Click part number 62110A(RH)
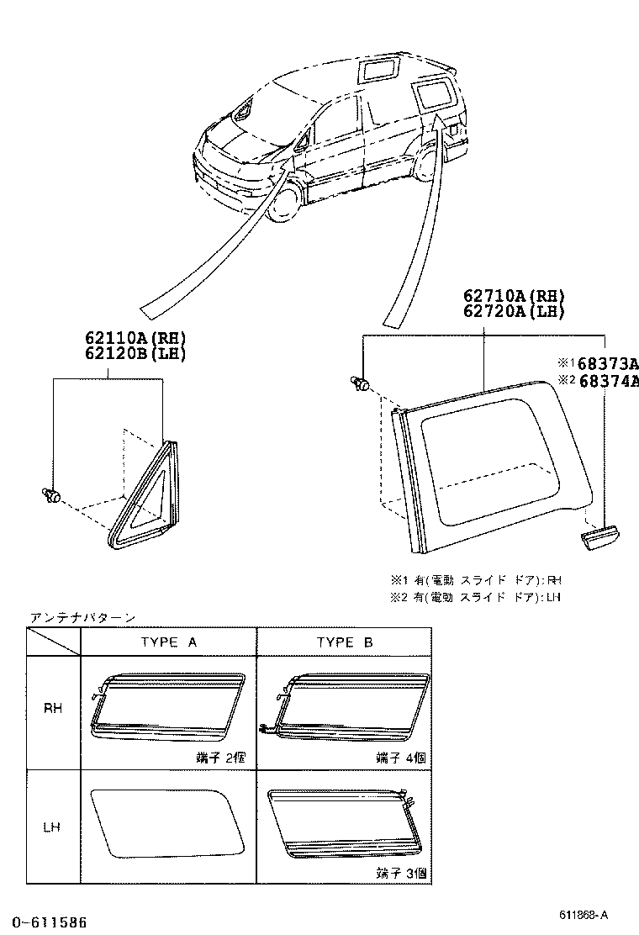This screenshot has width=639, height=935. click(x=135, y=338)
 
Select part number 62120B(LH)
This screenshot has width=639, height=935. click(x=135, y=353)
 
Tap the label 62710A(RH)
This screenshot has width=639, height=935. click(x=513, y=296)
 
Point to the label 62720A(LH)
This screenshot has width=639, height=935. click(x=513, y=311)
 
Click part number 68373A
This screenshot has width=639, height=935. click(x=604, y=363)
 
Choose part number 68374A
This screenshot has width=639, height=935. click(x=604, y=381)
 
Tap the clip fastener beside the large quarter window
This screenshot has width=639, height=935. click(x=362, y=384)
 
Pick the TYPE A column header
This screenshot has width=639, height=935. click(x=168, y=642)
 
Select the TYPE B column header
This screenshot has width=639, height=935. click(x=345, y=642)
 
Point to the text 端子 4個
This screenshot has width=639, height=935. click(x=400, y=758)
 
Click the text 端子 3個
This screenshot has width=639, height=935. click(x=400, y=874)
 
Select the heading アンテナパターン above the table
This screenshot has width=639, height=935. click(x=82, y=617)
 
